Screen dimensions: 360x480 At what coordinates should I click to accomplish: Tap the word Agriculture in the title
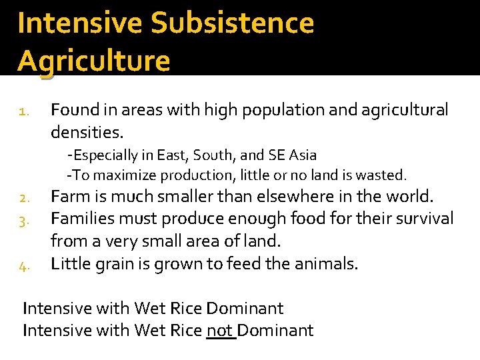click(x=94, y=61)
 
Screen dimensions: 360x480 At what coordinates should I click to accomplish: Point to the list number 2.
click(x=23, y=199)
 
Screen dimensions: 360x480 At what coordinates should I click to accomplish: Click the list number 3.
click(x=23, y=220)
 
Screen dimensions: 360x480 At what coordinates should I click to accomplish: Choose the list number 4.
click(x=23, y=266)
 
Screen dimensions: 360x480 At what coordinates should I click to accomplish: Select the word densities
click(x=87, y=131)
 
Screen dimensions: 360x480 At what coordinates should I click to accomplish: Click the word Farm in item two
click(x=69, y=197)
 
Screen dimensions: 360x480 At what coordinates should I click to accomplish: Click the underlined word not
click(x=221, y=330)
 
